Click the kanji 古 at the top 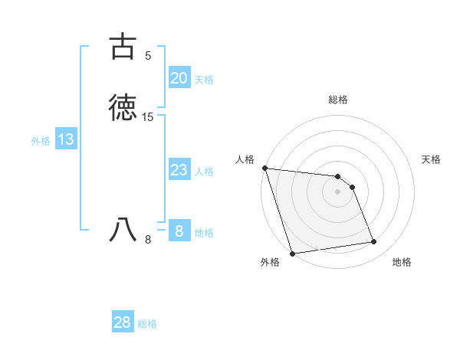pos(123,47)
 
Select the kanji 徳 pos(123,108)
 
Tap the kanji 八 pos(123,229)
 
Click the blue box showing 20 pos(179,78)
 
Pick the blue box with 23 pos(179,170)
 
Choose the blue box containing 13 pos(66,140)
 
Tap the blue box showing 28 pos(123,322)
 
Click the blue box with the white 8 pos(179,231)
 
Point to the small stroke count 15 pos(148,117)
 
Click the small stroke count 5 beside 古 pos(148,56)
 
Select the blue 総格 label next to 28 pos(147,324)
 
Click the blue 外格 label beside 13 pos(41,141)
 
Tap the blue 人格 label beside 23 pos(205,172)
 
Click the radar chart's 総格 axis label pos(338,100)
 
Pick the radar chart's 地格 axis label pos(402,263)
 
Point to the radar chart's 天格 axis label pos(432,159)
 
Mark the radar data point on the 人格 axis pos(264,168)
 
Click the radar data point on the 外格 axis pos(291,253)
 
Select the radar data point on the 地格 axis pos(374,242)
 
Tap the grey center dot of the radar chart pos(338,191)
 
